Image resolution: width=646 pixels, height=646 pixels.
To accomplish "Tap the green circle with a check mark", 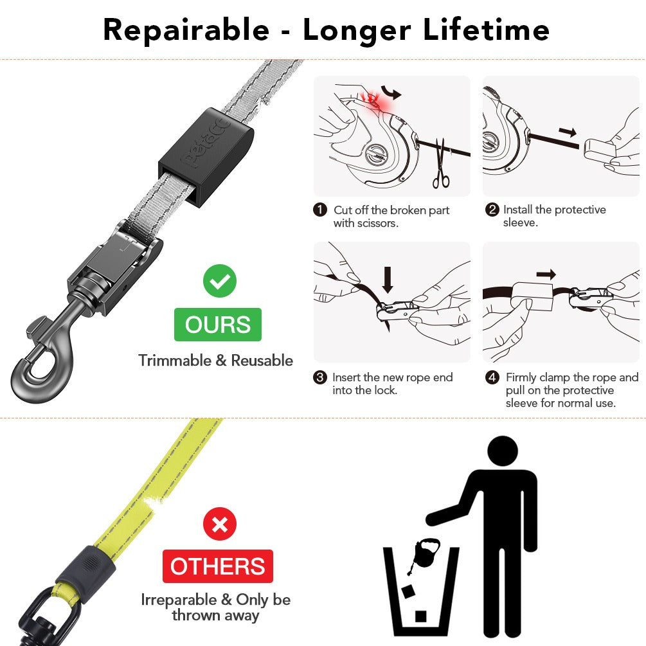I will point(219,281).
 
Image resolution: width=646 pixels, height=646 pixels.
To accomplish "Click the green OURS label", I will point(218,325).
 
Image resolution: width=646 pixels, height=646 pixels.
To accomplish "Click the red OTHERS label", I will point(217,566).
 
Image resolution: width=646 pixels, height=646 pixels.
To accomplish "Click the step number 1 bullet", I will point(319,210).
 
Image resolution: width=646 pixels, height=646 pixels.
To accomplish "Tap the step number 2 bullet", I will point(492,210).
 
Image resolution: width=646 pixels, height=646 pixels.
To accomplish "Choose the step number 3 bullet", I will point(319,377).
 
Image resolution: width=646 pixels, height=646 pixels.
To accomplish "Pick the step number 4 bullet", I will point(492,377).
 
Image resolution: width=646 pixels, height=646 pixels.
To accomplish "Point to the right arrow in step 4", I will point(546,274).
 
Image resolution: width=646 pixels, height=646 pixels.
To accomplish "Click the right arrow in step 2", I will point(568,132).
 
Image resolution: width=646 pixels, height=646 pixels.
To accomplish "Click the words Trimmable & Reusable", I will point(215,361).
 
